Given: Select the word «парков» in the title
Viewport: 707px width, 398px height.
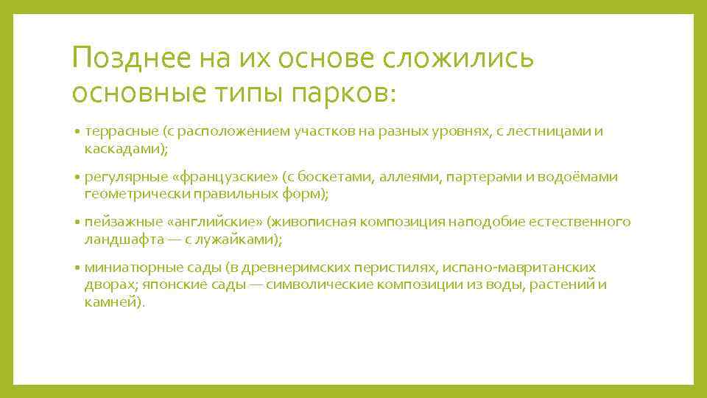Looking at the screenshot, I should point(344,93).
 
